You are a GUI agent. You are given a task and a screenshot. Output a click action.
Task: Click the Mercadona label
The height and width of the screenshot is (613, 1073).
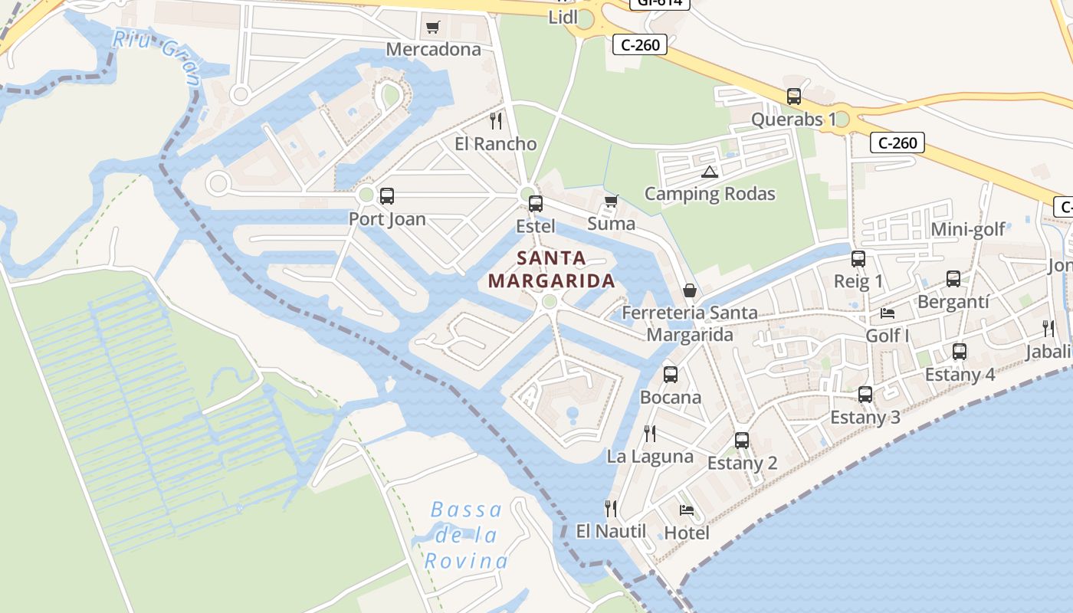tap(433, 50)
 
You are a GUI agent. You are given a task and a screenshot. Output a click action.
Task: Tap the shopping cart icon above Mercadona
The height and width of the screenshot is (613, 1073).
tap(432, 28)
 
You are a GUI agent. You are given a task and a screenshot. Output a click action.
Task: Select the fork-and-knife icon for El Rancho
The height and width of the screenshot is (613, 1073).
tap(496, 121)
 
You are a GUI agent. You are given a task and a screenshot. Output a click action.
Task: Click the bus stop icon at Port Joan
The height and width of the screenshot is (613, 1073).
tap(387, 195)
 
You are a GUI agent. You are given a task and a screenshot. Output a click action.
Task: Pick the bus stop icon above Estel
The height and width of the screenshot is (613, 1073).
tap(536, 203)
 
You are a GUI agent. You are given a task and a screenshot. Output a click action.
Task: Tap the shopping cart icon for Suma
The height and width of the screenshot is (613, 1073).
tap(611, 202)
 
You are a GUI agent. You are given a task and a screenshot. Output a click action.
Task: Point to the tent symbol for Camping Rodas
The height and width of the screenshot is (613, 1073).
tap(709, 172)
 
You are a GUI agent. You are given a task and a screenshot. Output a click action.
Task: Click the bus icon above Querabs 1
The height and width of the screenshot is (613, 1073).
tap(794, 97)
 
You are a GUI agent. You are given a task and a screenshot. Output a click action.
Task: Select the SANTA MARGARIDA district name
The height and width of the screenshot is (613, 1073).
tap(552, 270)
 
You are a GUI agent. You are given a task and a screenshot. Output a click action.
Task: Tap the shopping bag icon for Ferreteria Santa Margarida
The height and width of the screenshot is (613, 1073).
tap(690, 290)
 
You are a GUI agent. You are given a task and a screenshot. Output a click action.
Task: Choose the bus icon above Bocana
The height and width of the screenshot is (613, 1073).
tap(671, 375)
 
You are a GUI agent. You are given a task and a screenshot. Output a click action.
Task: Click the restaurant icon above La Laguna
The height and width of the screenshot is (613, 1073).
tap(650, 434)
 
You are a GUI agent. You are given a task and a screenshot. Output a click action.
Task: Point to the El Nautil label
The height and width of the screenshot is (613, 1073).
tap(611, 531)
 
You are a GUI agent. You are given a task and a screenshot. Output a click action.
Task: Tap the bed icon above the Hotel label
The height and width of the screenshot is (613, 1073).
tap(687, 510)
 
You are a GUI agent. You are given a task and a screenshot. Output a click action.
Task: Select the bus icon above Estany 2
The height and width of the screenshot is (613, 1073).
tap(742, 441)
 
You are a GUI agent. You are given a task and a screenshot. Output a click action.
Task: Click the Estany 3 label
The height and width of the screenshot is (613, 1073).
tap(865, 418)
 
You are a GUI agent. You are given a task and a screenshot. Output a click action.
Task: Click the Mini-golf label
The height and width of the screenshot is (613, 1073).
tap(967, 230)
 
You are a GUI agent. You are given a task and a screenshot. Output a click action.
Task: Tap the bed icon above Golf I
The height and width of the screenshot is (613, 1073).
tap(888, 313)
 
